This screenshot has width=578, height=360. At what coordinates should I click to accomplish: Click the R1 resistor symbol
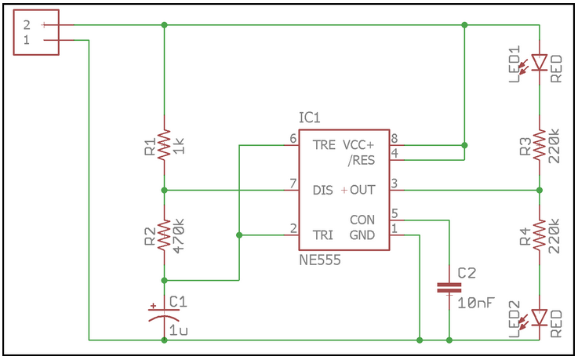click(164, 146)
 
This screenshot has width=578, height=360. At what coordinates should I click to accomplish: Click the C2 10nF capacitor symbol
click(449, 288)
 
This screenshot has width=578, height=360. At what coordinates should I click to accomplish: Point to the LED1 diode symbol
click(540, 61)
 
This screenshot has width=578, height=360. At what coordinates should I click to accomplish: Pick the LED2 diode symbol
click(540, 316)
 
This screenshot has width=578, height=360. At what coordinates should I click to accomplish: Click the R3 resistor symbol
click(540, 146)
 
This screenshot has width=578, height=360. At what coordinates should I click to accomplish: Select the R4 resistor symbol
click(540, 232)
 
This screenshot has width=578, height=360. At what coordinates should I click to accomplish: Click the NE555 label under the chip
click(320, 260)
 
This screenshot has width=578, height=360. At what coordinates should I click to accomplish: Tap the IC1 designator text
click(310, 118)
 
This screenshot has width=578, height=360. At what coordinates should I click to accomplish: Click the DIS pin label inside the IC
click(323, 191)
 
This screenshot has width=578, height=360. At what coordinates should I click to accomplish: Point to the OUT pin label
click(362, 191)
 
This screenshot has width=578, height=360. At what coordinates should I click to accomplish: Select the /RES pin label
click(361, 160)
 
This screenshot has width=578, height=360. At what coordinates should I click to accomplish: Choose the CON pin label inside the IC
click(362, 220)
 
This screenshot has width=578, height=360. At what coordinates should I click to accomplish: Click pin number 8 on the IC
click(394, 139)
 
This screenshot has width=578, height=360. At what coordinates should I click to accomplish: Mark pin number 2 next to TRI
click(293, 228)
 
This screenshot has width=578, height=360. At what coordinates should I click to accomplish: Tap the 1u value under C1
click(178, 330)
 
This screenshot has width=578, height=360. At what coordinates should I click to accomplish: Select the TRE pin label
click(323, 145)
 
